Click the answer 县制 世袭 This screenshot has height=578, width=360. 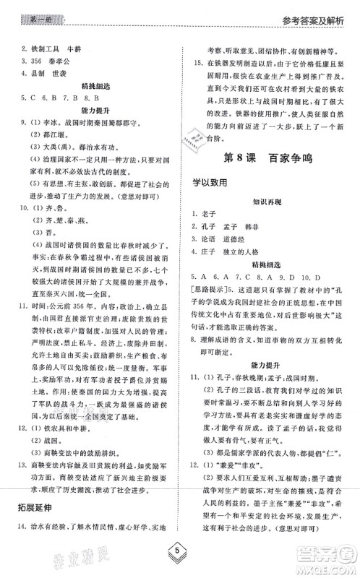46,73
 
